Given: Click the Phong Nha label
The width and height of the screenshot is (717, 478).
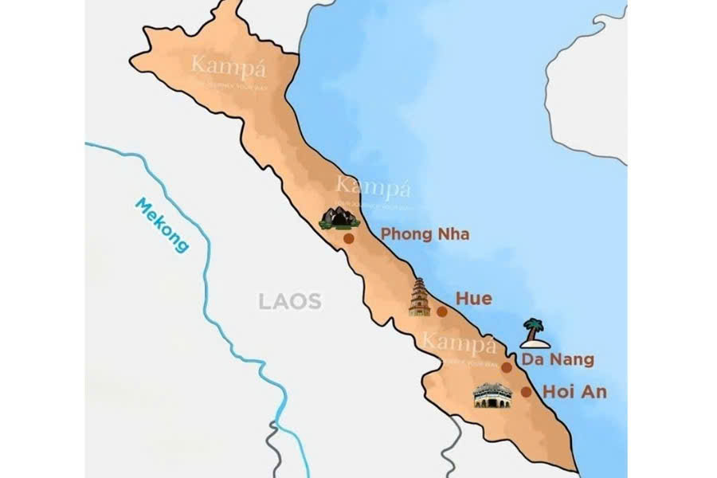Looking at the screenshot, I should coord(425,234).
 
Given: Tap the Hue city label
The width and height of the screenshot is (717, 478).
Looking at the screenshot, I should coord(473,299).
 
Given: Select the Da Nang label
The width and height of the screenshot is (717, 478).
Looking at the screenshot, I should coord(558,360).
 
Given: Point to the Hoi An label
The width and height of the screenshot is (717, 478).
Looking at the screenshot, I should coord(574,391).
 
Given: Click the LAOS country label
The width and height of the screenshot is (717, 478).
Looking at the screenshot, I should coord(289,302).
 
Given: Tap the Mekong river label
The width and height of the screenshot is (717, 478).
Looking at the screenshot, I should coord(162,225).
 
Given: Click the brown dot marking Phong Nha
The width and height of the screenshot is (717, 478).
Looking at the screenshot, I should coord(348,238).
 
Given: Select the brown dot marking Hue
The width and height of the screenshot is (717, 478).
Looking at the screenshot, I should coord(441,311).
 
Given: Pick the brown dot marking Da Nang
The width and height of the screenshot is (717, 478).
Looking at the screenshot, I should coord(506,367).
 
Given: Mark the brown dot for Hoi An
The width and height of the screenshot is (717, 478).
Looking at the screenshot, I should coord(526,392).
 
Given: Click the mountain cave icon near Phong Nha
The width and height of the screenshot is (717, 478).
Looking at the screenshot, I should coord(339,217).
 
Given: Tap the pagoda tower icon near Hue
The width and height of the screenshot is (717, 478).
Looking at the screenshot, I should coord(419,298).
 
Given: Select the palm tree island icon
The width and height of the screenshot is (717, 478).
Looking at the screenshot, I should coord(534,333).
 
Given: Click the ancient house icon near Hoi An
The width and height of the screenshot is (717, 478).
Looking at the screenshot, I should coord(492,395).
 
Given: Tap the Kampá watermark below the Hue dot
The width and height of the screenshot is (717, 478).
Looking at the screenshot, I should coord(459,344).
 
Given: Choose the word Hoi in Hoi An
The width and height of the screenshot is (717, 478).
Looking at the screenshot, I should coord(557,391).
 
